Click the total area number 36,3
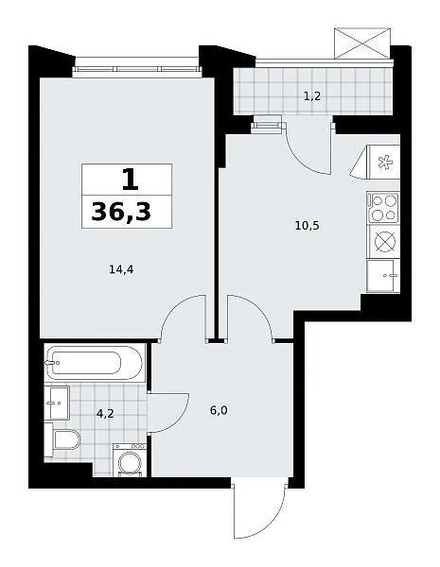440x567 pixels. [x=121, y=212]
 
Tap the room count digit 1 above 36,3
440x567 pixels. [x=131, y=180]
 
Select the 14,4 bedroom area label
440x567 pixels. [x=121, y=269]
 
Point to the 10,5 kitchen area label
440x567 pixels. [x=308, y=226]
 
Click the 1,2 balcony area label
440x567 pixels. [x=312, y=96]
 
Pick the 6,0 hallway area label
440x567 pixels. [x=219, y=410]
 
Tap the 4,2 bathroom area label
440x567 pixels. [x=105, y=413]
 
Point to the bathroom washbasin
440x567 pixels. [x=57, y=403]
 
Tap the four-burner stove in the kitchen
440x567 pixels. [x=383, y=208]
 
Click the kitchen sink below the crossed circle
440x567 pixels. [x=383, y=276]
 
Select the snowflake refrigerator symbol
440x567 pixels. [x=383, y=162]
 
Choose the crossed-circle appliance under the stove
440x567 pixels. [x=384, y=242]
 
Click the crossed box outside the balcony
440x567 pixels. [x=362, y=43]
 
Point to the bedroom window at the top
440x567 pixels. [x=137, y=69]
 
